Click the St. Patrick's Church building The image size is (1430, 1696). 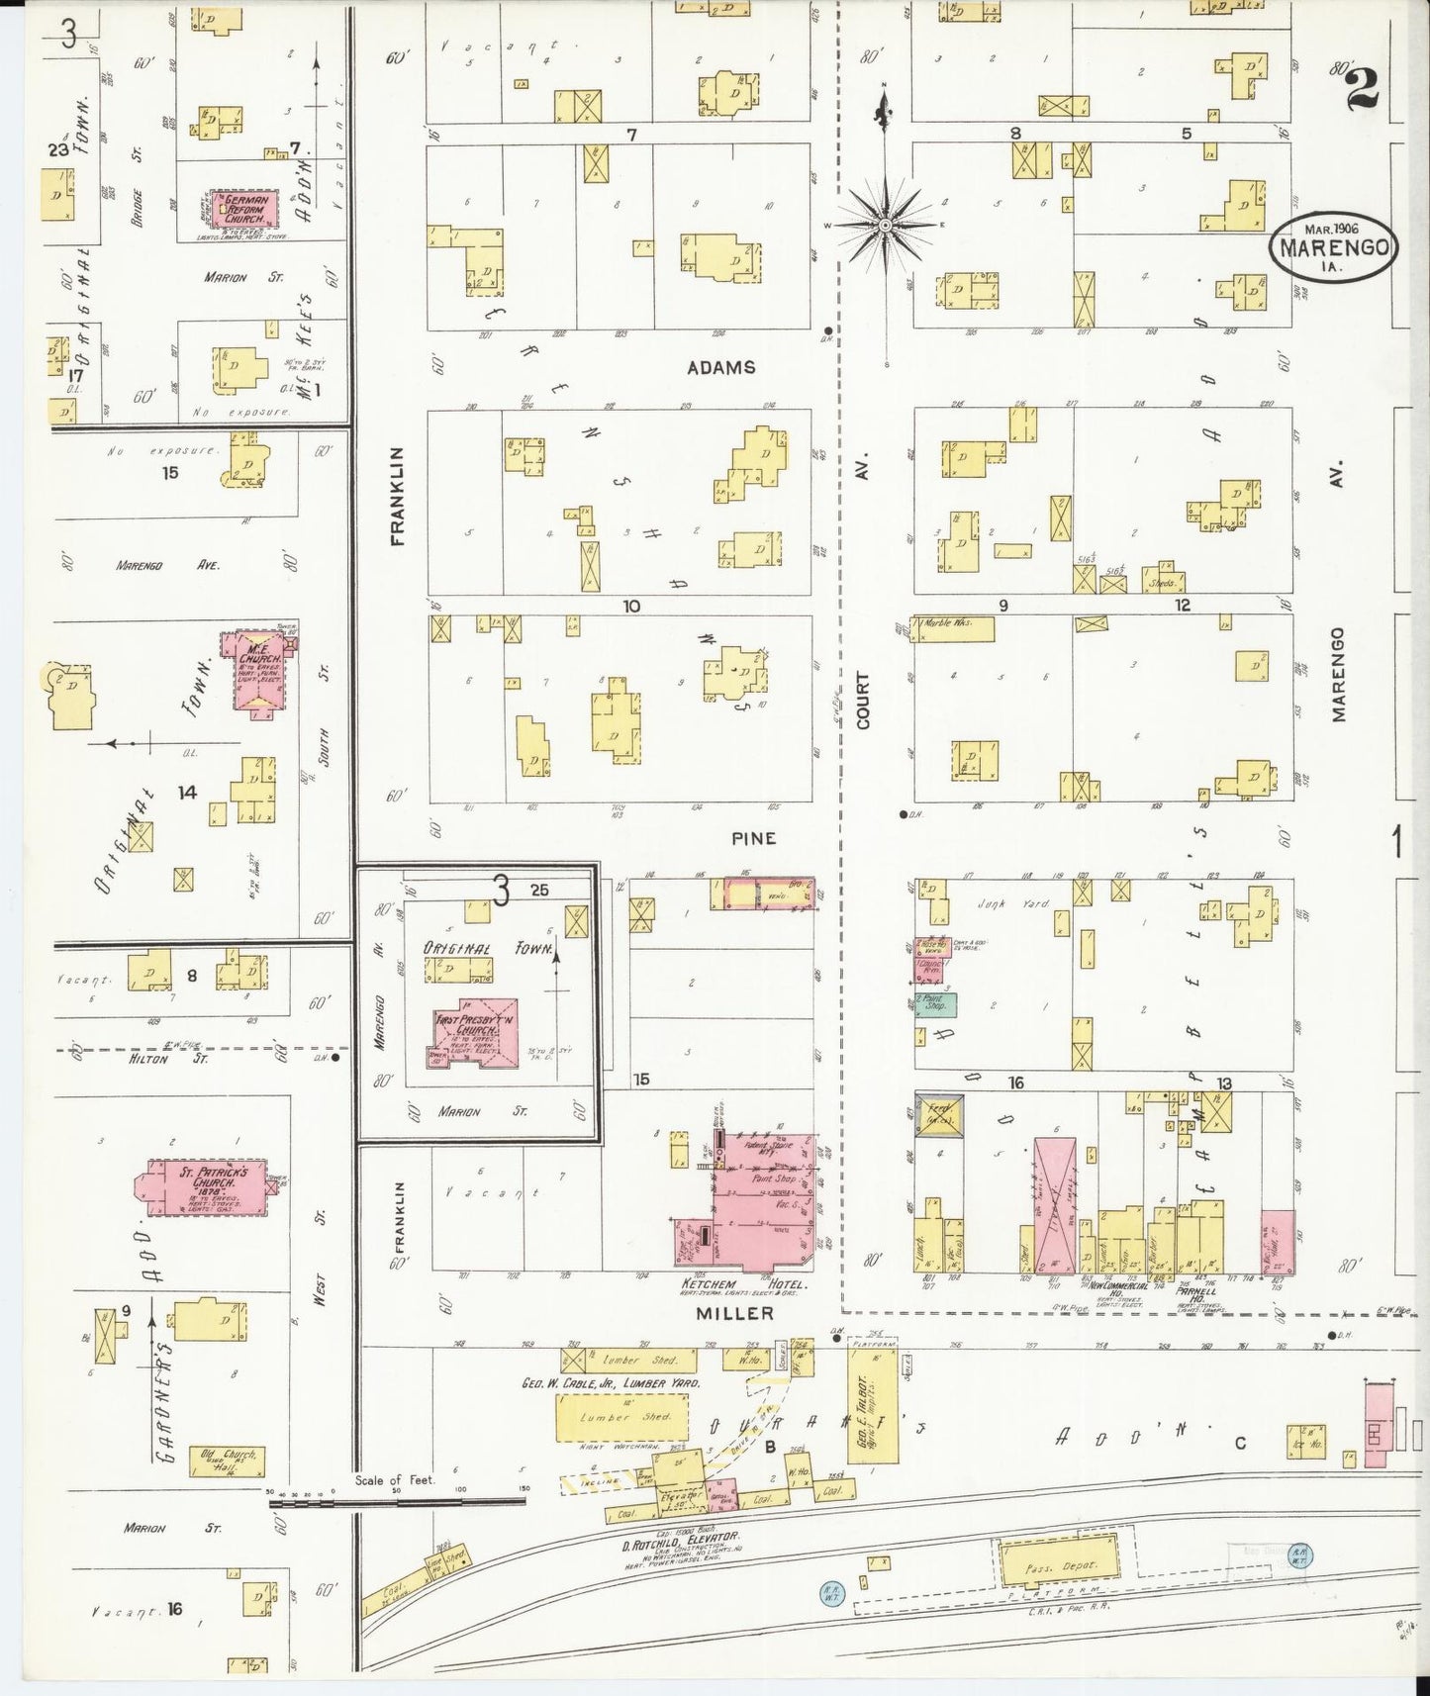207,1186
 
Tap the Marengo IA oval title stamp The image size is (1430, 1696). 1334,246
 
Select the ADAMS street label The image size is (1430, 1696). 721,367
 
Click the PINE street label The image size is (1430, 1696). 753,838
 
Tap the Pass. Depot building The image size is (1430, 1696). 1056,1563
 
